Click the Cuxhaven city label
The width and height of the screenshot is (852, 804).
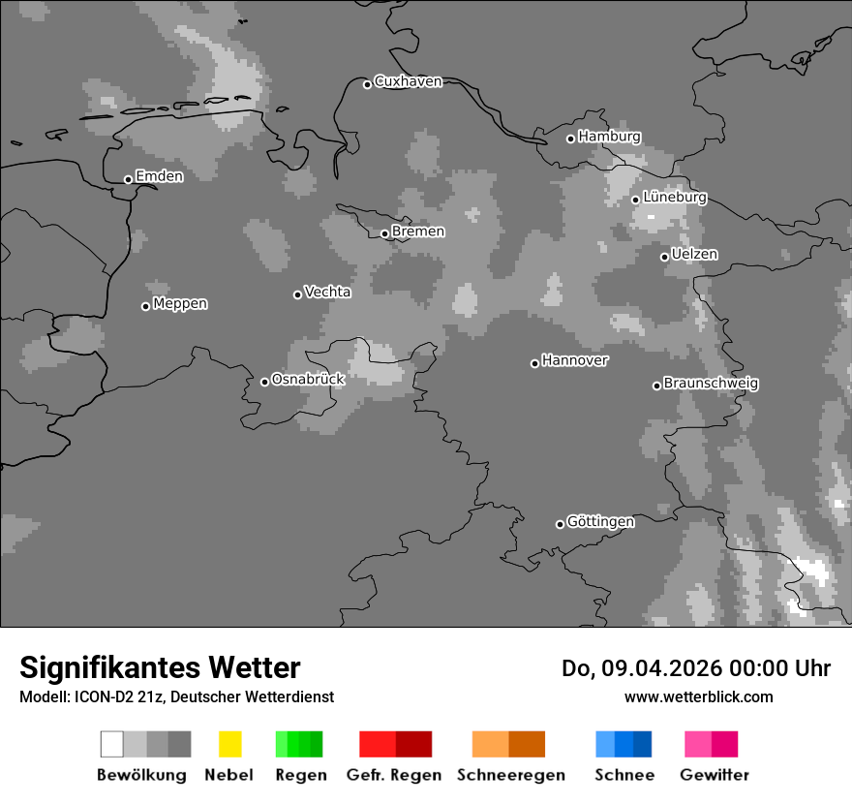coord(408,81)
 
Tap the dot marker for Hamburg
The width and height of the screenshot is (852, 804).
coord(570,139)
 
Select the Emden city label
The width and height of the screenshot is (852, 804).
coord(159,176)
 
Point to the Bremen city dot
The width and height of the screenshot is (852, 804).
coord(384,233)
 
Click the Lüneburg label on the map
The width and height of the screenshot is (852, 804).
coord(675,197)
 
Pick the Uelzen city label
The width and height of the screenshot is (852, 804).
coord(694,254)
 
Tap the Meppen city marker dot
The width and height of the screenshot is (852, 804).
coord(145,306)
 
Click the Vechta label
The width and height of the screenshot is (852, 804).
coord(327,292)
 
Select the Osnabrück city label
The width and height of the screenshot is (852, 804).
coord(308,379)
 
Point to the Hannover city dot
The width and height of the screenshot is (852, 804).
coord(534,363)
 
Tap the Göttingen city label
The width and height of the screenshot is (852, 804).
coord(600,521)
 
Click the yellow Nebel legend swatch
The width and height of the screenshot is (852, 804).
coord(229,744)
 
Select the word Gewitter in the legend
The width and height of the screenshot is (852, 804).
coord(715,775)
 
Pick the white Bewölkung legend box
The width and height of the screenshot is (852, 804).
coord(112,744)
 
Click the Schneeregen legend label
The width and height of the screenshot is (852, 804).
coord(510,775)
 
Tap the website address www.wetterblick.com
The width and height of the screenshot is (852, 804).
coord(698,696)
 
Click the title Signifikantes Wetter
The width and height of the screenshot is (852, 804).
coord(160,667)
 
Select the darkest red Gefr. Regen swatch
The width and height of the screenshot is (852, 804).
coord(413,744)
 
